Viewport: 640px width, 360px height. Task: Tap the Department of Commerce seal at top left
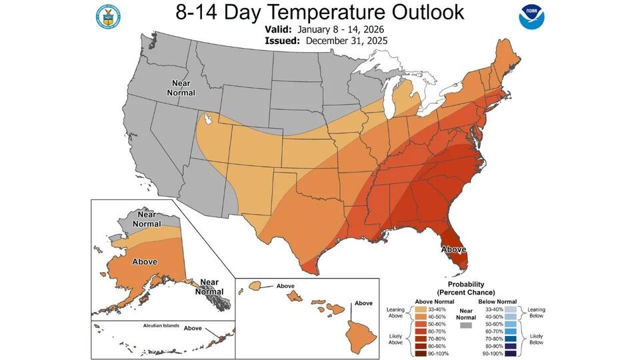tap(107, 17)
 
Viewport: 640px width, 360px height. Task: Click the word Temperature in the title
tap(323, 13)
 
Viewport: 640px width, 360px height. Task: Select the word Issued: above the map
tap(282, 40)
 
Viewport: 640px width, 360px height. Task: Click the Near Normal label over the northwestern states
tap(181, 88)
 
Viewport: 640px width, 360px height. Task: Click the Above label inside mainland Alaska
tap(145, 261)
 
